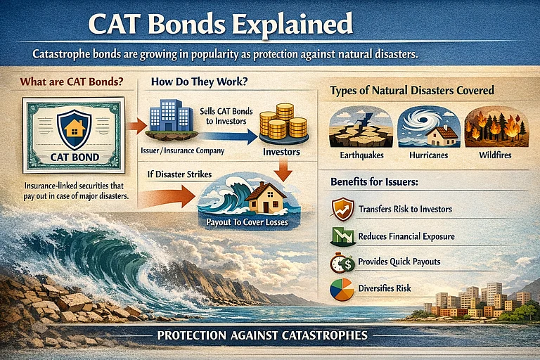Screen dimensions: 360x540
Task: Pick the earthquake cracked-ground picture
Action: coord(361,127)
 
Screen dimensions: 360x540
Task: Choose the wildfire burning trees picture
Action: coord(496,127)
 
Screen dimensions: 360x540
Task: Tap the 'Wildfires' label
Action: coord(496,155)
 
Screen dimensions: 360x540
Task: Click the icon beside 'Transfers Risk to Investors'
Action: coord(342,208)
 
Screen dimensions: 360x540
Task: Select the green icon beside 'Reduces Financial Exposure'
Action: coord(342,235)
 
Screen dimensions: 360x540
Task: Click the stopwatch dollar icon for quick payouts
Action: coord(342,262)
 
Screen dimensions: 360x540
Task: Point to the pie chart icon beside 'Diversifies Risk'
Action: coord(342,290)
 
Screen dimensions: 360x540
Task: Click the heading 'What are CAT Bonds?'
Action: coord(72,81)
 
